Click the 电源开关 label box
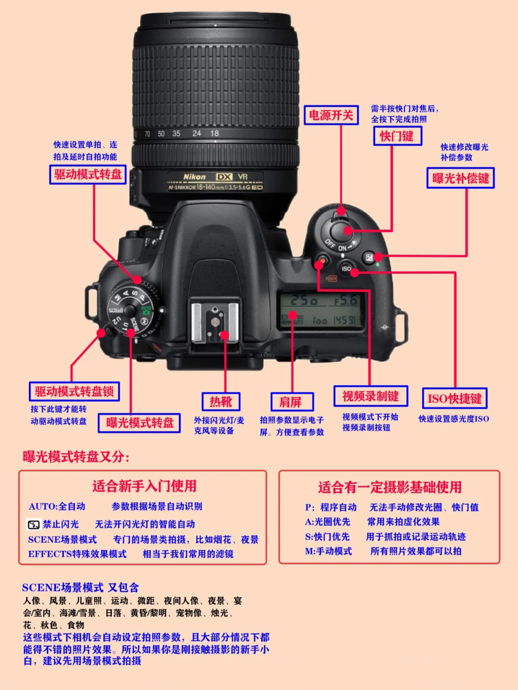point(331,115)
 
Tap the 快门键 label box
point(397,136)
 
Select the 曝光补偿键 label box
point(460,178)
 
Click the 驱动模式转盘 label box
point(87,175)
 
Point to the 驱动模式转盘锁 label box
point(74,392)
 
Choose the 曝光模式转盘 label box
point(139,423)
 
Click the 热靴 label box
point(221,402)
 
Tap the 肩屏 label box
point(291,402)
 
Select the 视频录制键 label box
point(370,396)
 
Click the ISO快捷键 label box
point(454,398)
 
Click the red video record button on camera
point(322,261)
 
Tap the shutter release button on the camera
point(341,232)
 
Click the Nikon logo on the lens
point(194,177)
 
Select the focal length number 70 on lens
point(147,134)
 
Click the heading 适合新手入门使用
point(144,486)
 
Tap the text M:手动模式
point(329,551)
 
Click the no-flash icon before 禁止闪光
point(33,525)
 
